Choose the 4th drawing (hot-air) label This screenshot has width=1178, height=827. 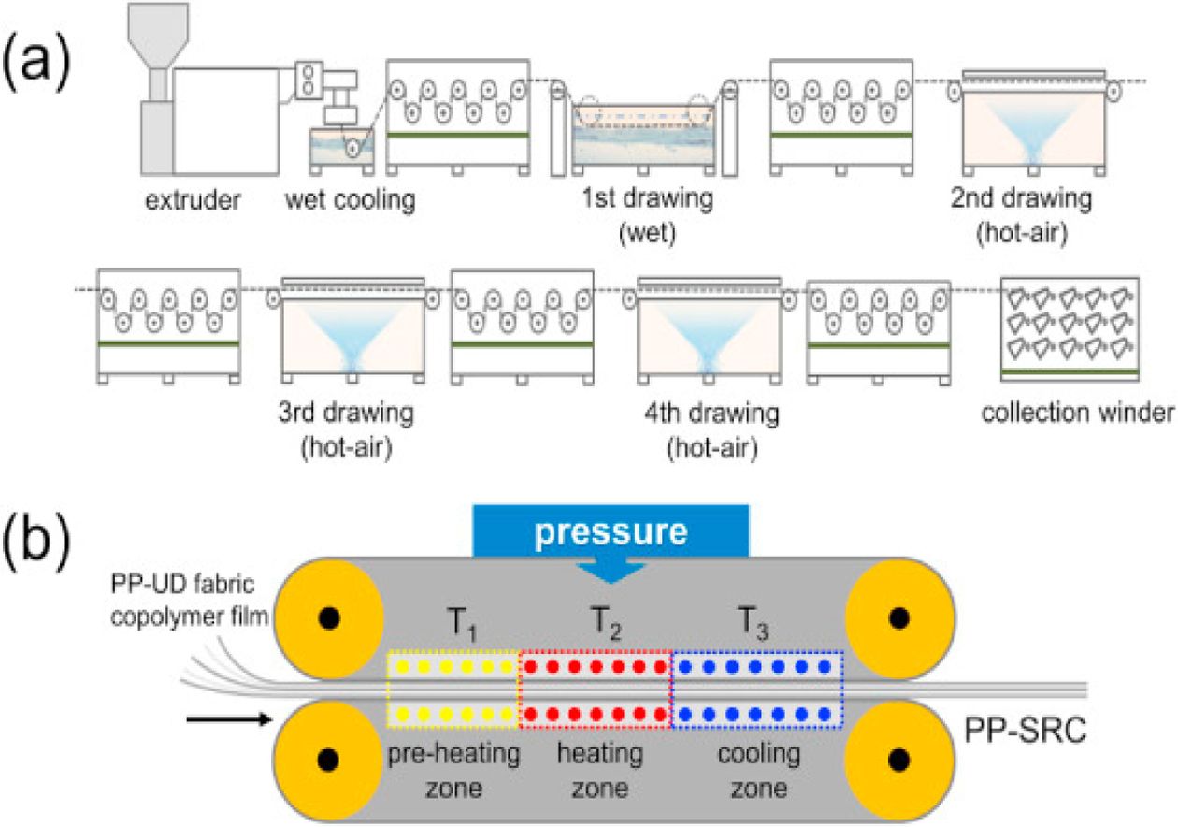point(712,428)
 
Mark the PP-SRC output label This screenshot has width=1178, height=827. point(1026,730)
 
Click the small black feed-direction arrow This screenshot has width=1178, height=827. point(228,718)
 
